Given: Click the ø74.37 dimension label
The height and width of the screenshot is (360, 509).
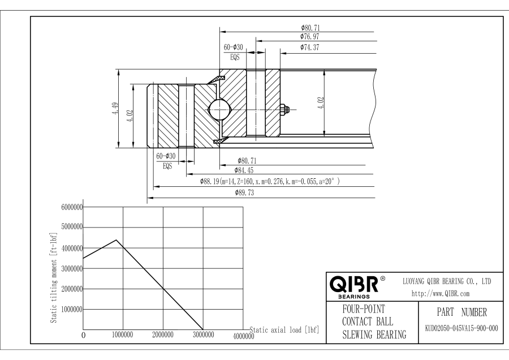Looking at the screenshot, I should (x=310, y=48).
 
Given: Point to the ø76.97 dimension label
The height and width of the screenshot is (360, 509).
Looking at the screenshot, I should (x=310, y=37).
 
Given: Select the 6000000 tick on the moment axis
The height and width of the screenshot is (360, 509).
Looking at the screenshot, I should (x=71, y=208).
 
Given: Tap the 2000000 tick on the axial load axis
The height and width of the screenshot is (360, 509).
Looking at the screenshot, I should (x=163, y=335).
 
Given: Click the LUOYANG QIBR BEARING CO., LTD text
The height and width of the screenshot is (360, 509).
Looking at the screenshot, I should (x=447, y=281).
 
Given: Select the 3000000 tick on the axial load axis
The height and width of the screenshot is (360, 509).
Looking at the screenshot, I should (x=203, y=335).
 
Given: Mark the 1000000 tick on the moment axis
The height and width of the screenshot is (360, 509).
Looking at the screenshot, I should (x=71, y=310).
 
